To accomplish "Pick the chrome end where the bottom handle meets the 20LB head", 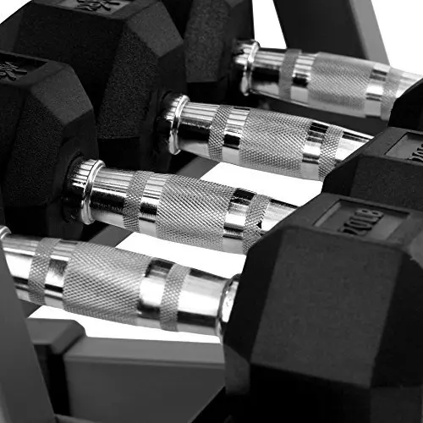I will [226, 306].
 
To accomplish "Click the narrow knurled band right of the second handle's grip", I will [329, 152].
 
